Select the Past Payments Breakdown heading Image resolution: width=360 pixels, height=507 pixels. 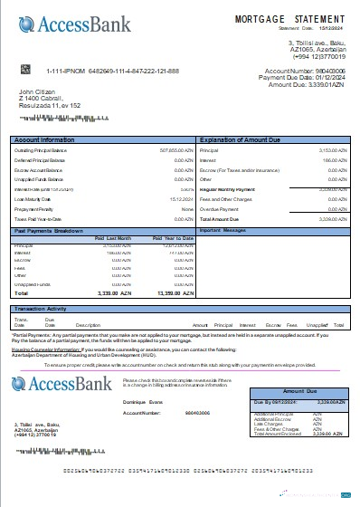pos(51,231)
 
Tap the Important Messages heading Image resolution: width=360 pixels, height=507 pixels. pos(223,231)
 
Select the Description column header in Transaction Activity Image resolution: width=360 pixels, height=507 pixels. pos(88,323)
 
